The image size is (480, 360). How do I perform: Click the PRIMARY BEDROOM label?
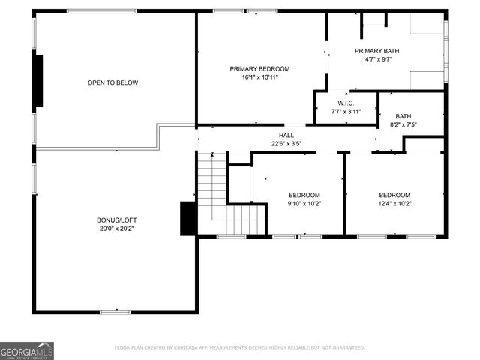[x=259, y=68]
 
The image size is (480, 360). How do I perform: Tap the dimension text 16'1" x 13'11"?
[x=259, y=77]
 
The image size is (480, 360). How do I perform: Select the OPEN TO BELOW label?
[x=112, y=82]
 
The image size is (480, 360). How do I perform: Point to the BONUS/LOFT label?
[x=116, y=220]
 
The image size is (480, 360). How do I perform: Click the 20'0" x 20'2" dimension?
[x=116, y=228]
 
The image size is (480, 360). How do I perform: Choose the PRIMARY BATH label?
[x=376, y=50]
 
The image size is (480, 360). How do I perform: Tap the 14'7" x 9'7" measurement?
[x=376, y=59]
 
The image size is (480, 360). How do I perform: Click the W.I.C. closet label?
[x=346, y=103]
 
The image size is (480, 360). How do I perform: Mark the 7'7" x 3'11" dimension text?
[x=346, y=112]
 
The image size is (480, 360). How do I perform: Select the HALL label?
[x=286, y=135]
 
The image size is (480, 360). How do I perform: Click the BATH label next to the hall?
[x=403, y=116]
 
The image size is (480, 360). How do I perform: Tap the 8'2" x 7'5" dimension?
[x=403, y=125]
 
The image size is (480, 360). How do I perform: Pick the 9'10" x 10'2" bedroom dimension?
[x=304, y=203]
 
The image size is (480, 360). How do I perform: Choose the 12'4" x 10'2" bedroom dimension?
[x=394, y=203]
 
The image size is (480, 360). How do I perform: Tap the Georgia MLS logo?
[x=27, y=350]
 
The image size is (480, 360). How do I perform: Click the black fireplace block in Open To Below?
[x=39, y=81]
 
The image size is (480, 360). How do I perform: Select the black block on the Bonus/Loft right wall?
[x=188, y=217]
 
